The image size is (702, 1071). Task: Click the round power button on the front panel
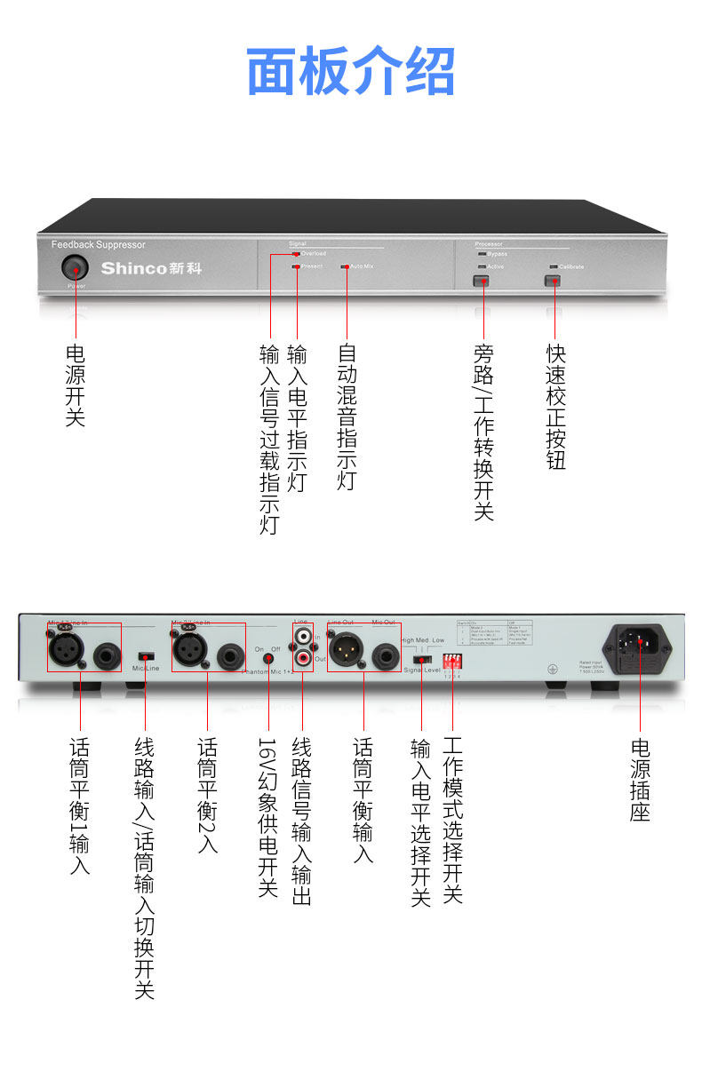76,267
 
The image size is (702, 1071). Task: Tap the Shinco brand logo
150,267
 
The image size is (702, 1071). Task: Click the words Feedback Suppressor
98,244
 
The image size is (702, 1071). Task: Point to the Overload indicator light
296,254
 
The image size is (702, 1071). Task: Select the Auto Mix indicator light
346,266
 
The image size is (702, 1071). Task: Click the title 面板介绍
350,72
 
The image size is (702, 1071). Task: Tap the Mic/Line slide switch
145,656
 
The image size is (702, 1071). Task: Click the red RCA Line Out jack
304,659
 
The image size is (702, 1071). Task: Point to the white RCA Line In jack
304,638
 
